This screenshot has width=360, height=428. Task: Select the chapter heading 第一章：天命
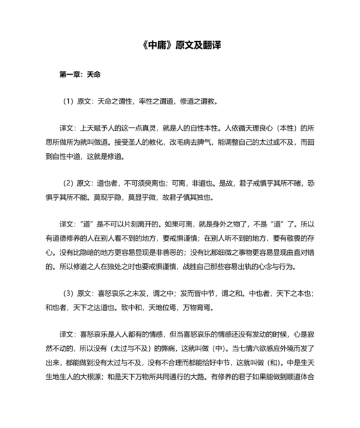click(79, 73)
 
